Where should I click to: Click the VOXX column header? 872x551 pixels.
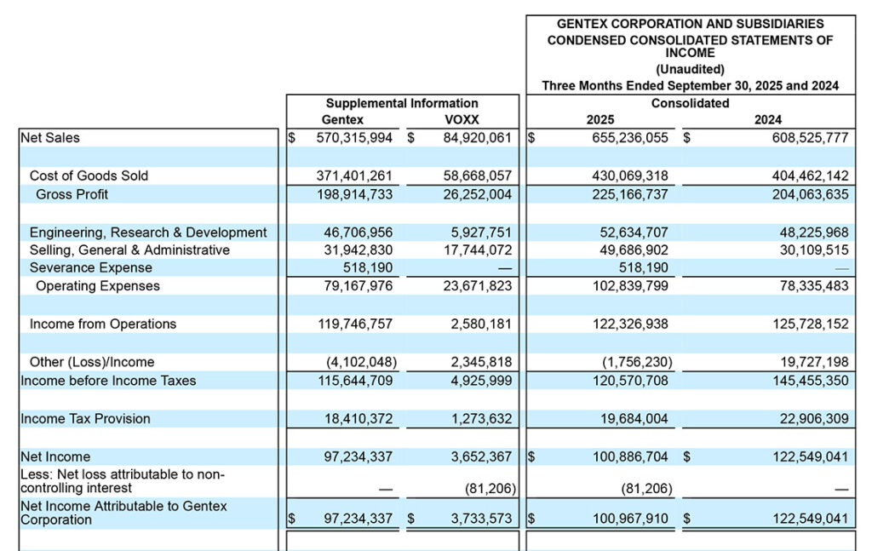coord(461,120)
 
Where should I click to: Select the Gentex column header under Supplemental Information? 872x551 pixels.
coord(342,120)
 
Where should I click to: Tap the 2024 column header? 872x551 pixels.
coord(767,120)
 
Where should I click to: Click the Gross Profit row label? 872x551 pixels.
coord(72,194)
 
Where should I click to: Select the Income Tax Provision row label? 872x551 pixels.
coord(85,418)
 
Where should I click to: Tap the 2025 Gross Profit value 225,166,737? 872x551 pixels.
coord(630,194)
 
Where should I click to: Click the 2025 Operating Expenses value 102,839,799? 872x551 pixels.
coord(630,286)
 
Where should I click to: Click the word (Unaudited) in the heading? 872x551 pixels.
coord(691,69)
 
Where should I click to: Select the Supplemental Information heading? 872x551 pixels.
coord(402,103)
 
